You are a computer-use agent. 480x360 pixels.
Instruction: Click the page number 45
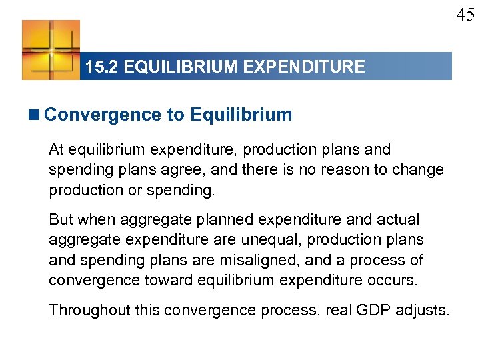pyautogui.click(x=465, y=15)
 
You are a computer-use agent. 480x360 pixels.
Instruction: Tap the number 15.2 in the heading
pyautogui.click(x=101, y=67)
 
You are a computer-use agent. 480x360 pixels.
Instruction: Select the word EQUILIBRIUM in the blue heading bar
pyautogui.click(x=189, y=67)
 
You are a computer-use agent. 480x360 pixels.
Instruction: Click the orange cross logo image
pyautogui.click(x=51, y=50)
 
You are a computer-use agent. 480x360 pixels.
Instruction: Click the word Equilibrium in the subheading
pyautogui.click(x=241, y=115)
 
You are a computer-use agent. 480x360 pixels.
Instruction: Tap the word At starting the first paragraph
pyautogui.click(x=57, y=150)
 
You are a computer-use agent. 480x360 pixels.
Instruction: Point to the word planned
pyautogui.click(x=216, y=219)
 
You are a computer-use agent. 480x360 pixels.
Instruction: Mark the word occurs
pyautogui.click(x=393, y=280)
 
